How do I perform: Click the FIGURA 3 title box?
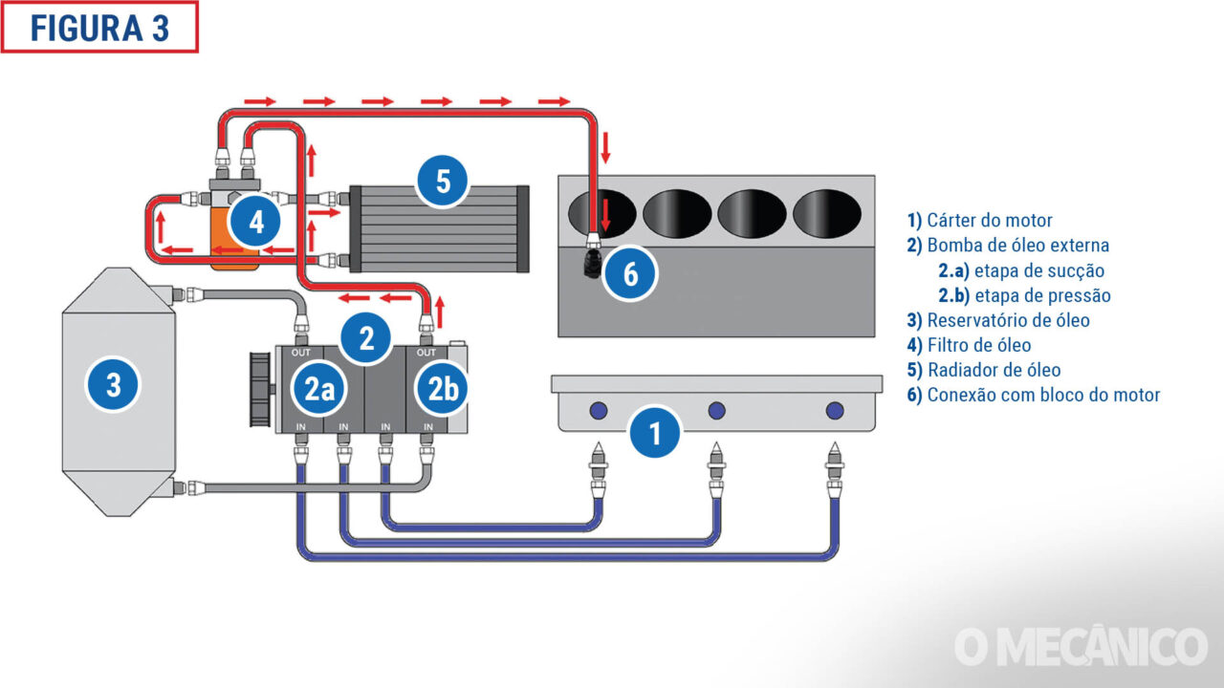(99, 27)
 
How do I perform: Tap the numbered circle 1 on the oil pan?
(655, 433)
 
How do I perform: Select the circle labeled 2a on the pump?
(318, 389)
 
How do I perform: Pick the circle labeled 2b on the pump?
(442, 389)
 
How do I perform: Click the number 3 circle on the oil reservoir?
(113, 386)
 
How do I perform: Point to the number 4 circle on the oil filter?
(255, 223)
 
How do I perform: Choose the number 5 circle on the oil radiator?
(443, 181)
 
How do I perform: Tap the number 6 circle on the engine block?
(630, 274)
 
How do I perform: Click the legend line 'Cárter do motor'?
(980, 221)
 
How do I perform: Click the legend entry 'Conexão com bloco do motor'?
(1034, 395)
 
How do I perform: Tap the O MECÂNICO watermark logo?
(1081, 647)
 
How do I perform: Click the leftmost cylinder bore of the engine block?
(601, 212)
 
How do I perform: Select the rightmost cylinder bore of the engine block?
(827, 212)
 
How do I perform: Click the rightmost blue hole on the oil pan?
(834, 411)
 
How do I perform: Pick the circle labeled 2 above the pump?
(365, 337)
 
